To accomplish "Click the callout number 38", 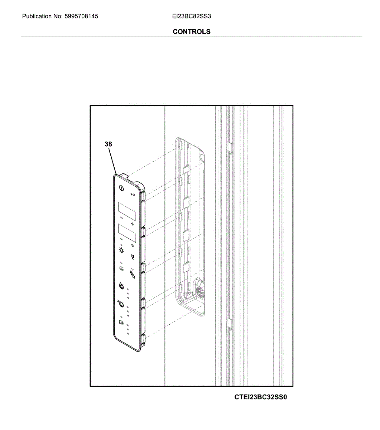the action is click(x=108, y=144).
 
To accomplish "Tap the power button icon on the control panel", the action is click(x=121, y=188).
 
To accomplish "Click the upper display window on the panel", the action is click(x=127, y=212).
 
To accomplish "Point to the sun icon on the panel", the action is click(x=122, y=250).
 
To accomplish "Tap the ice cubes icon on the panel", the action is click(x=133, y=275).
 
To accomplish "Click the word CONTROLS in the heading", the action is click(x=192, y=32).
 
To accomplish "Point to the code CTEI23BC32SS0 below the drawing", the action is click(x=261, y=397).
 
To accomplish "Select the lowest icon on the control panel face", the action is click(x=121, y=322).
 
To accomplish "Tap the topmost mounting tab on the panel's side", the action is click(x=143, y=196).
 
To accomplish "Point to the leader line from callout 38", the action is click(x=113, y=161).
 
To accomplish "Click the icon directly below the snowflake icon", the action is click(x=121, y=286).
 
